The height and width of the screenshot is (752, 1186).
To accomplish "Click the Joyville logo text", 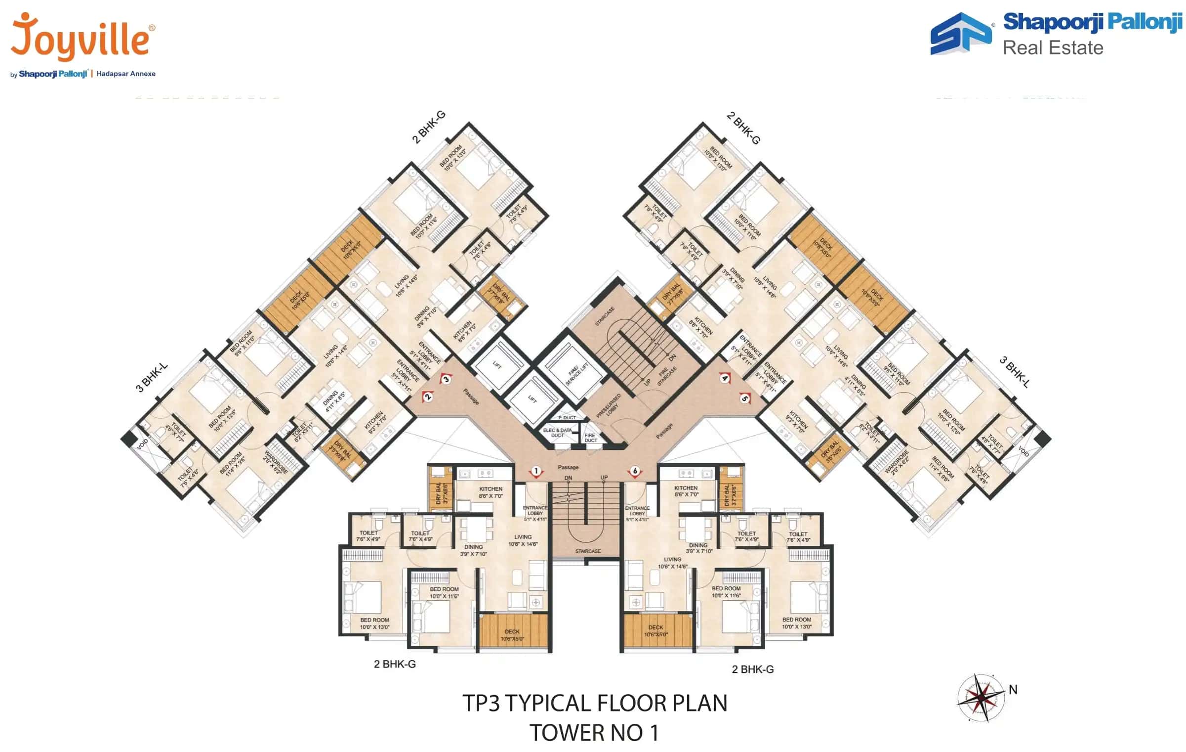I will [x=82, y=37].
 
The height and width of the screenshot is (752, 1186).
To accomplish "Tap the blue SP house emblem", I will [x=960, y=34].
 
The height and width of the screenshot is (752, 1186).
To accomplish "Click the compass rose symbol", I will [x=981, y=697].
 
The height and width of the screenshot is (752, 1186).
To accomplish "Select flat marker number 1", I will [x=536, y=471].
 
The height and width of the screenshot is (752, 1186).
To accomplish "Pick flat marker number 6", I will [x=635, y=471].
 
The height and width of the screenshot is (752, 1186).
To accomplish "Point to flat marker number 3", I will [x=446, y=379].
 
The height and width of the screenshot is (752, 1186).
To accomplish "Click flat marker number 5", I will [x=744, y=398].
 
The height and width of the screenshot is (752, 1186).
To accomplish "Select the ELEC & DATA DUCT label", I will [x=557, y=433].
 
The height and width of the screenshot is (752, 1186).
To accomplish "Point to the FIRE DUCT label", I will [x=590, y=438].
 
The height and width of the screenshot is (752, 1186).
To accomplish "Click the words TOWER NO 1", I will [x=594, y=733].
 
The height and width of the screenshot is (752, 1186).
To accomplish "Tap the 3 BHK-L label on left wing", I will [x=152, y=377].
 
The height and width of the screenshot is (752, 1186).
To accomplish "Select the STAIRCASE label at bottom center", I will [x=587, y=551].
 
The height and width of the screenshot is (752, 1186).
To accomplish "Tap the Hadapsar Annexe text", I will [x=126, y=74].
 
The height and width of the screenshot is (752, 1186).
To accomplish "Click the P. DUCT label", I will [x=567, y=418].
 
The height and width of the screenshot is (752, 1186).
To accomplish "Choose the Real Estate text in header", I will [x=1053, y=48].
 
